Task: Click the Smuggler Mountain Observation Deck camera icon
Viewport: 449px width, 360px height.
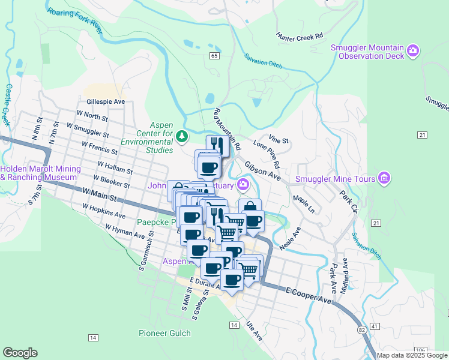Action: (413, 52)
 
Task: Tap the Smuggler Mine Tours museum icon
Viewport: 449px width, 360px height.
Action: (384, 178)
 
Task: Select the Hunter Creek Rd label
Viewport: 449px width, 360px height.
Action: (300, 37)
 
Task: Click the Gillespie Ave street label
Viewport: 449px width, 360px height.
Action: (105, 102)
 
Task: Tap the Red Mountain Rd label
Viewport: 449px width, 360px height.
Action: (228, 128)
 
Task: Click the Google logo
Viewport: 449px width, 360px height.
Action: (20, 353)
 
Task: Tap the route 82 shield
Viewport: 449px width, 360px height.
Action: (361, 330)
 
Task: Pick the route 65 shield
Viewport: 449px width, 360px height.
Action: (214, 55)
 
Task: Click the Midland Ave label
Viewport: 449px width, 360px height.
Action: (345, 275)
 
